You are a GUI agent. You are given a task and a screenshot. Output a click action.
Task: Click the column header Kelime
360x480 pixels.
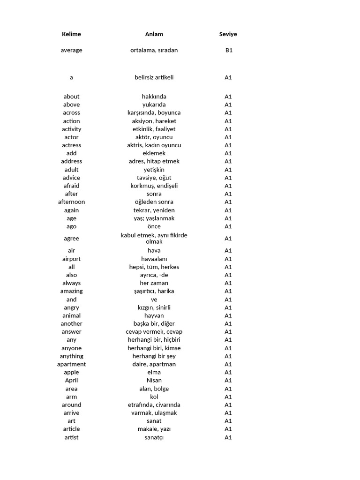point(71,34)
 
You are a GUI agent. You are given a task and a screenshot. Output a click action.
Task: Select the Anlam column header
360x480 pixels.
point(154,34)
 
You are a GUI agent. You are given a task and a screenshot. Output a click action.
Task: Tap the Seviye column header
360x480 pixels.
point(228,34)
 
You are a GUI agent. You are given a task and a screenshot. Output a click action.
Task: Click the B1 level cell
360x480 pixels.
point(228,50)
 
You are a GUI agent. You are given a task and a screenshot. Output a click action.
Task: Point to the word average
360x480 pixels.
point(71,50)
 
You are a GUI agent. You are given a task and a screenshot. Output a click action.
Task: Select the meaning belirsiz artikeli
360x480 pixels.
point(154,77)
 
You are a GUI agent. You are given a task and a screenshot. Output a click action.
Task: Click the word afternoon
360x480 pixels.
point(71,202)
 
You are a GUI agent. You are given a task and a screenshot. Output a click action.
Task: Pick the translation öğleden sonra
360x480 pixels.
point(154,202)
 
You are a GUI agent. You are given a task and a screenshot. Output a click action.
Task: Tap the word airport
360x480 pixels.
point(71,259)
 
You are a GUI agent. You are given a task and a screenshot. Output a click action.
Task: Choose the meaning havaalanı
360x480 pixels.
point(154,259)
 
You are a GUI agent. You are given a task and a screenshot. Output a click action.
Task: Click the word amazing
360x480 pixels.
point(71,291)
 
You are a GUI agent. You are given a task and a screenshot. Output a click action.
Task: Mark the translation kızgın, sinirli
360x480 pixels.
point(154,307)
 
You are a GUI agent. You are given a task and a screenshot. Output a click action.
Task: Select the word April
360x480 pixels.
point(71,380)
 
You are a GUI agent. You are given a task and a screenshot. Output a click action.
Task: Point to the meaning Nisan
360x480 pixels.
point(154,380)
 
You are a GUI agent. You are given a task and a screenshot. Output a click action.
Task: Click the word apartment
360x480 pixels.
point(71,364)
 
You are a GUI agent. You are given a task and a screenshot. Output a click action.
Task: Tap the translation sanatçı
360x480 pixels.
point(154,437)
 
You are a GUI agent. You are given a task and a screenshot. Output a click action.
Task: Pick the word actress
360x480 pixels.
point(71,145)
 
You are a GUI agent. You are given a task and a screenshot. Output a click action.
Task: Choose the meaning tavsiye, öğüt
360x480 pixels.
point(154,178)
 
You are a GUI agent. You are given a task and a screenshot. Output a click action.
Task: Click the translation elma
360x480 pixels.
point(154,372)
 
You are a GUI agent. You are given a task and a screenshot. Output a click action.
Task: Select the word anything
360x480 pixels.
point(71,356)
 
